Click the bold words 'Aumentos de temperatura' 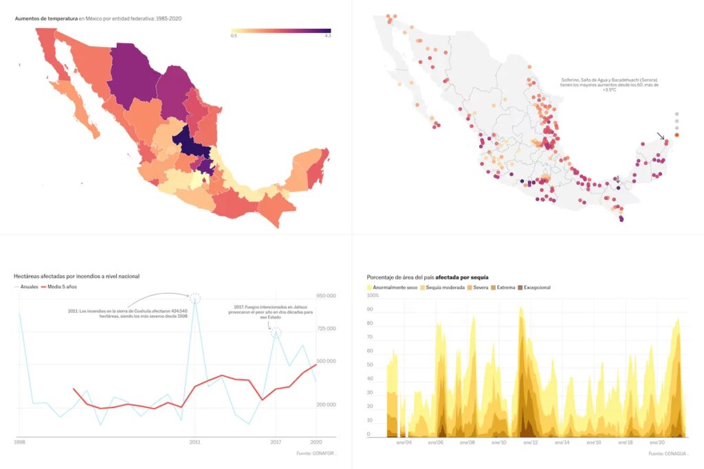coord(46,18)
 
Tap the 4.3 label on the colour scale coord(328,36)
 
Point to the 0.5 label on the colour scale coord(234,36)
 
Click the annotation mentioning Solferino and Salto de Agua coord(609,84)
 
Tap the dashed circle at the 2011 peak coord(195,297)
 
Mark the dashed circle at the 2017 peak coord(276,332)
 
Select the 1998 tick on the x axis coord(19,442)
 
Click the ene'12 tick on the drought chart coord(529,443)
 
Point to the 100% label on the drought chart coord(373,296)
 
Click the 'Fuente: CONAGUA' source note coord(668,453)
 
